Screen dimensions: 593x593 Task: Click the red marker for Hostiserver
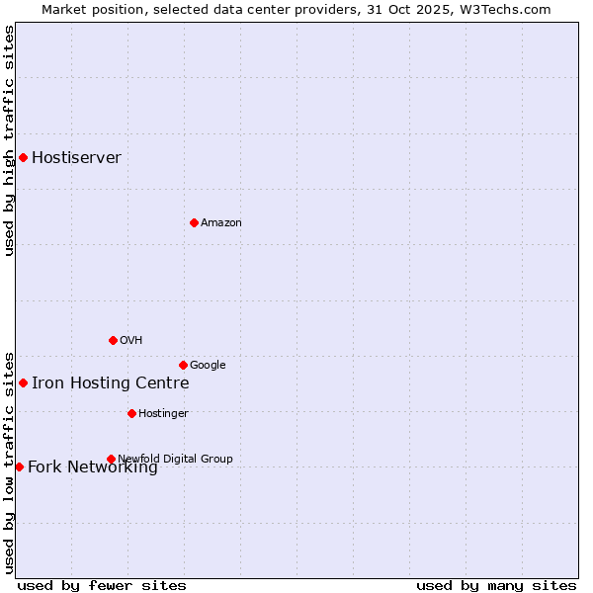coord(23,157)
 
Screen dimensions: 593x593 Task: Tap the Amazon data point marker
coord(194,222)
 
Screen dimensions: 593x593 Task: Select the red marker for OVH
coord(113,340)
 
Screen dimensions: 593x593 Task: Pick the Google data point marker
coord(183,365)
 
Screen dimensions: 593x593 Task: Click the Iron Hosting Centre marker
coord(23,382)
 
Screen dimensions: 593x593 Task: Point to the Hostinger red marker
coord(131,413)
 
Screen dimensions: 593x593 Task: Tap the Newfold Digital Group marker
coord(111,459)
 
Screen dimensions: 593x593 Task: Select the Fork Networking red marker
coord(19,466)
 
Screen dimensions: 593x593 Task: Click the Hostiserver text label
coord(76,158)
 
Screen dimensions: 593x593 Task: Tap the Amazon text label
coord(221,223)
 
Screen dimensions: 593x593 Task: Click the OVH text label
coord(131,341)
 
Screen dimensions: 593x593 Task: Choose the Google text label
coord(208,366)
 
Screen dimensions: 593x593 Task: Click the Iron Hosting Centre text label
coord(110,383)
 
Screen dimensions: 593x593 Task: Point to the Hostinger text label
coord(163,414)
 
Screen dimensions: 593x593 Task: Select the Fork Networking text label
coord(92,467)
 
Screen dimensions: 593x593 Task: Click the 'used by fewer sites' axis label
coord(102,585)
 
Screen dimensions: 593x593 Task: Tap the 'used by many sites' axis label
coord(496,585)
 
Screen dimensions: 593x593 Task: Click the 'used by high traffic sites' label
coord(9,140)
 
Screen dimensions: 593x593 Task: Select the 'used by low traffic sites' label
coord(9,462)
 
